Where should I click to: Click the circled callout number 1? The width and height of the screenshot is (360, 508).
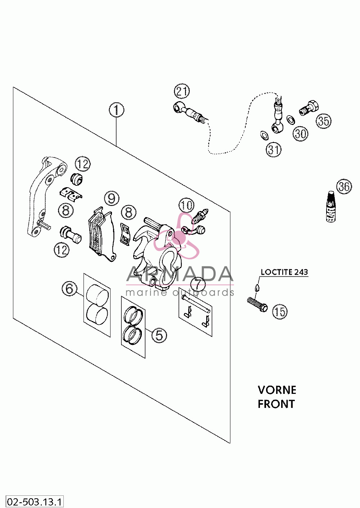(117, 110)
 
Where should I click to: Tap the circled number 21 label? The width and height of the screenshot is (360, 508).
(182, 91)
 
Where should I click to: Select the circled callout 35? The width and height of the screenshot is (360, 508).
(323, 121)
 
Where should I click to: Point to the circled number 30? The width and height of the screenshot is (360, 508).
(300, 134)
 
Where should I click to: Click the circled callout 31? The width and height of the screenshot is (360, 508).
(274, 149)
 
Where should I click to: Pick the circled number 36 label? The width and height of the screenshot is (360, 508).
(344, 186)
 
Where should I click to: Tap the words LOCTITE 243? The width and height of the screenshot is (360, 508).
(284, 272)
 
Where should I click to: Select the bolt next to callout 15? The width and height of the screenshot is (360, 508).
(257, 305)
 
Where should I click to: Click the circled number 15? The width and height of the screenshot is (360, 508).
(280, 311)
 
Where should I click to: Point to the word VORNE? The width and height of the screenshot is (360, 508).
(277, 390)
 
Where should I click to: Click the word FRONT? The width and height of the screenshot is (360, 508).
(276, 404)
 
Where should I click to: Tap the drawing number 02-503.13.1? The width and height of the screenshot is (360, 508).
(35, 502)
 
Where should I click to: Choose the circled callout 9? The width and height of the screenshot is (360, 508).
(112, 198)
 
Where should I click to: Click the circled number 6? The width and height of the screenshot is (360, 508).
(69, 289)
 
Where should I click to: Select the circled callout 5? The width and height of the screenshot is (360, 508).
(159, 335)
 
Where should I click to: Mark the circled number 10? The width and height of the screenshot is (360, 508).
(186, 205)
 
